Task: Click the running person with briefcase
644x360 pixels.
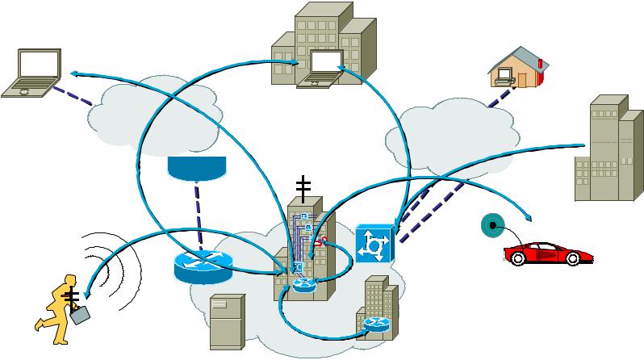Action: (x=57, y=301)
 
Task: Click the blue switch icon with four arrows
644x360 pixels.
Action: (x=373, y=242)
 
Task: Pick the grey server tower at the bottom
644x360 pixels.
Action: (x=227, y=321)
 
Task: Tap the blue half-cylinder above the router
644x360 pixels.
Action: (x=196, y=166)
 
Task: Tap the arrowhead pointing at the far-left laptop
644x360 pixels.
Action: (x=73, y=73)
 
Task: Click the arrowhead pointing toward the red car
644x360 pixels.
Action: (x=528, y=218)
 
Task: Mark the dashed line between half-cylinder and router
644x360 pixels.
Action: (x=196, y=211)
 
